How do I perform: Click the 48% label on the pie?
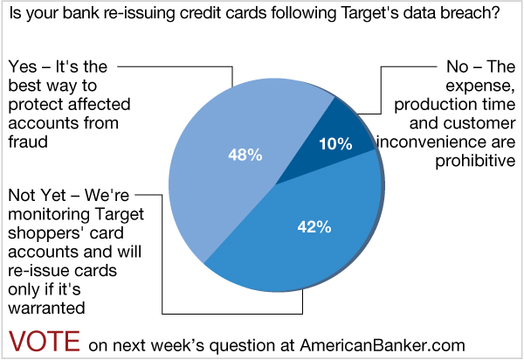(x=245, y=156)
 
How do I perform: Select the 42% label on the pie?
(x=312, y=227)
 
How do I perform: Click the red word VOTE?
(x=45, y=340)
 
